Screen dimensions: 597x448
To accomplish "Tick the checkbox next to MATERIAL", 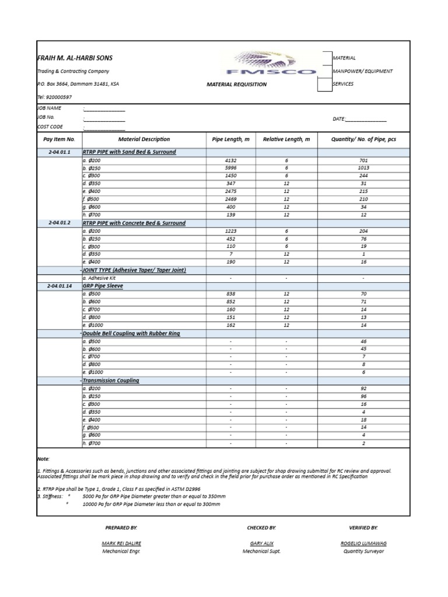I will coord(324,57).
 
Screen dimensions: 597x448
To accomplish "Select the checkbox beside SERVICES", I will coord(324,85).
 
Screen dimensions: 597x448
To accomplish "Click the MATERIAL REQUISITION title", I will coord(237,85).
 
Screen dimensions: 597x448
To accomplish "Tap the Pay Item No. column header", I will coord(60,139).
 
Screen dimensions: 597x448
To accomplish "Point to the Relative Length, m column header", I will coord(286,139).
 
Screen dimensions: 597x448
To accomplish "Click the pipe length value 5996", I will coord(231,168).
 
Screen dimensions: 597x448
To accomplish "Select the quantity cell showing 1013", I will coord(363,168).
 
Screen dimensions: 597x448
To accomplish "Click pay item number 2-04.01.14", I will coord(60,286).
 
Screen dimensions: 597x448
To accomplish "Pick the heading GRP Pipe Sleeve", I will coord(103,286).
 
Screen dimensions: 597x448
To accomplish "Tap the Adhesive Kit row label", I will coord(100,279).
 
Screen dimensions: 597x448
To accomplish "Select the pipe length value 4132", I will coord(231,160).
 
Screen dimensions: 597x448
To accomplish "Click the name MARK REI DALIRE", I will coord(121,543).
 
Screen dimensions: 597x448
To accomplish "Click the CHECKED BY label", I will coord(261,528).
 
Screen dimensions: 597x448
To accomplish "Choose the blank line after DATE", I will coord(366,119).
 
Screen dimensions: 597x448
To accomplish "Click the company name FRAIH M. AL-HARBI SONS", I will coord(75,58).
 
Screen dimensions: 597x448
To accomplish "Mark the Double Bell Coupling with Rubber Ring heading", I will coord(131,333).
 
